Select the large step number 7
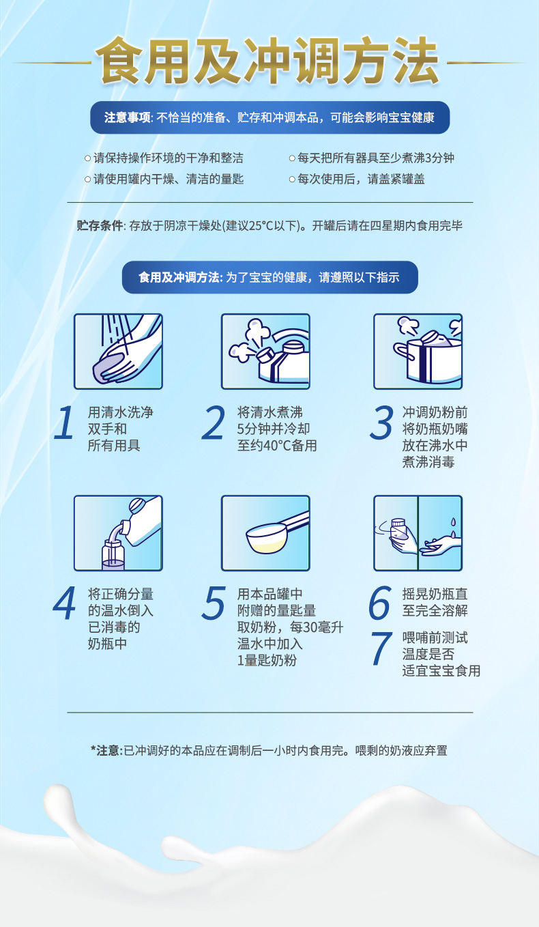[380, 649]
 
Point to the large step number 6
[380, 603]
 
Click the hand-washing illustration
[118, 352]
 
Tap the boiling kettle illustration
[265, 352]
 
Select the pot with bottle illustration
[418, 352]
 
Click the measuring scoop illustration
[265, 533]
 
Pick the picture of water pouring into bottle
[118, 533]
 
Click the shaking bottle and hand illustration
[418, 533]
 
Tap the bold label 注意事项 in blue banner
[127, 117]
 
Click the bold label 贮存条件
[100, 225]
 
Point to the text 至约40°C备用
[277, 446]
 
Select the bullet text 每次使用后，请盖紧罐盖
[362, 180]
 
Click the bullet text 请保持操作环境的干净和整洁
[168, 158]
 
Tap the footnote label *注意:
[106, 750]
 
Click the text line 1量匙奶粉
[267, 660]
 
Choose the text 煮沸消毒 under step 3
[428, 462]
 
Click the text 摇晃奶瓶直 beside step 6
[435, 595]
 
